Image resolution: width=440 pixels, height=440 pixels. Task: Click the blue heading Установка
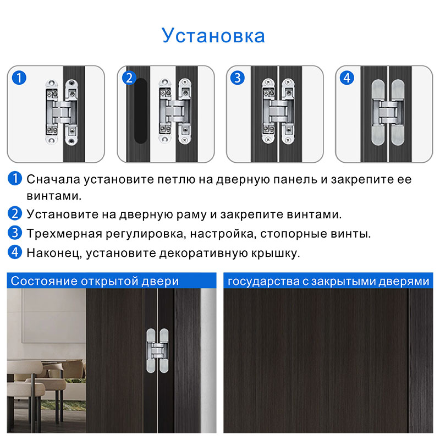click(213, 36)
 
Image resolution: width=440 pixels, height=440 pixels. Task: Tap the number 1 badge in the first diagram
click(19, 78)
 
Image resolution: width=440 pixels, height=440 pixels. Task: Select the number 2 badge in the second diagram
click(129, 78)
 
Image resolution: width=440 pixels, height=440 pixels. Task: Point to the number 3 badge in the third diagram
click(238, 78)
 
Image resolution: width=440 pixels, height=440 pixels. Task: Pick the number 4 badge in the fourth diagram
click(347, 78)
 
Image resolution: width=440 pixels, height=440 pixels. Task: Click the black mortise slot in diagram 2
click(141, 111)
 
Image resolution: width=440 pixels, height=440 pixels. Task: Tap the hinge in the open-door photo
click(158, 351)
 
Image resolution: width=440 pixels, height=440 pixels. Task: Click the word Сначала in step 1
click(53, 180)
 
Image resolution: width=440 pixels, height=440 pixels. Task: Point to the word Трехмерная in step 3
click(64, 234)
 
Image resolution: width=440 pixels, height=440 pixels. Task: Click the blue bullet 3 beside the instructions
click(15, 233)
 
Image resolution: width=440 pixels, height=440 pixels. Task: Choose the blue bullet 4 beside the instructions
click(15, 252)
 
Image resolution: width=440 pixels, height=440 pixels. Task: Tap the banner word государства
click(263, 282)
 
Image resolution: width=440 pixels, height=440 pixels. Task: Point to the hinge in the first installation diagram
click(62, 112)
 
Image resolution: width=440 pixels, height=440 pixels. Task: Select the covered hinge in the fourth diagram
click(388, 113)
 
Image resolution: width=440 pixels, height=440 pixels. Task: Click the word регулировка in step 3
click(146, 234)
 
